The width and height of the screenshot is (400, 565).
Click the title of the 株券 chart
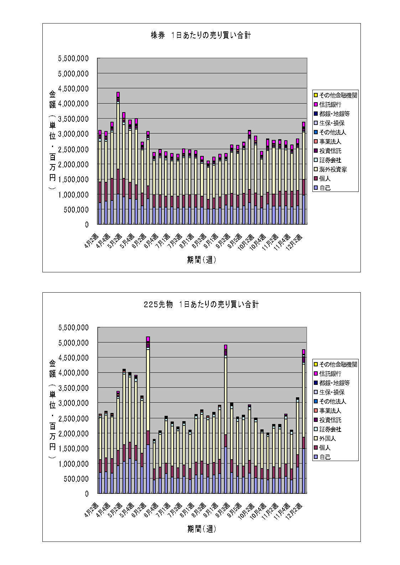[201, 36]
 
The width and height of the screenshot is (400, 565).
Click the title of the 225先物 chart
[201, 305]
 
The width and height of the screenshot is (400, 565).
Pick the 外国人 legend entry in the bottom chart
[327, 439]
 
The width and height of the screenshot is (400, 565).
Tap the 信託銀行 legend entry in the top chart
[330, 105]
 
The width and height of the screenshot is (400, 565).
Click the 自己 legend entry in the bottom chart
[325, 457]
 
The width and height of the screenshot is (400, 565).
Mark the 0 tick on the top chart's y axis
[87, 225]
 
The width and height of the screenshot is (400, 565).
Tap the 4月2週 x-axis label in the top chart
[92, 241]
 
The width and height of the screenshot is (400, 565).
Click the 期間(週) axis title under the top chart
[202, 260]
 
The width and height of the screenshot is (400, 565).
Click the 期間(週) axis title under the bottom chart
[202, 529]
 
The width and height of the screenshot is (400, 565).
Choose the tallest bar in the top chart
[118, 160]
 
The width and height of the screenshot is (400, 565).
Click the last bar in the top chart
[303, 174]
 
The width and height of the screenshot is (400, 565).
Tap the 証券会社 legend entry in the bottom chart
[330, 429]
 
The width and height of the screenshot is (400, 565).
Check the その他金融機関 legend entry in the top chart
[338, 95]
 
